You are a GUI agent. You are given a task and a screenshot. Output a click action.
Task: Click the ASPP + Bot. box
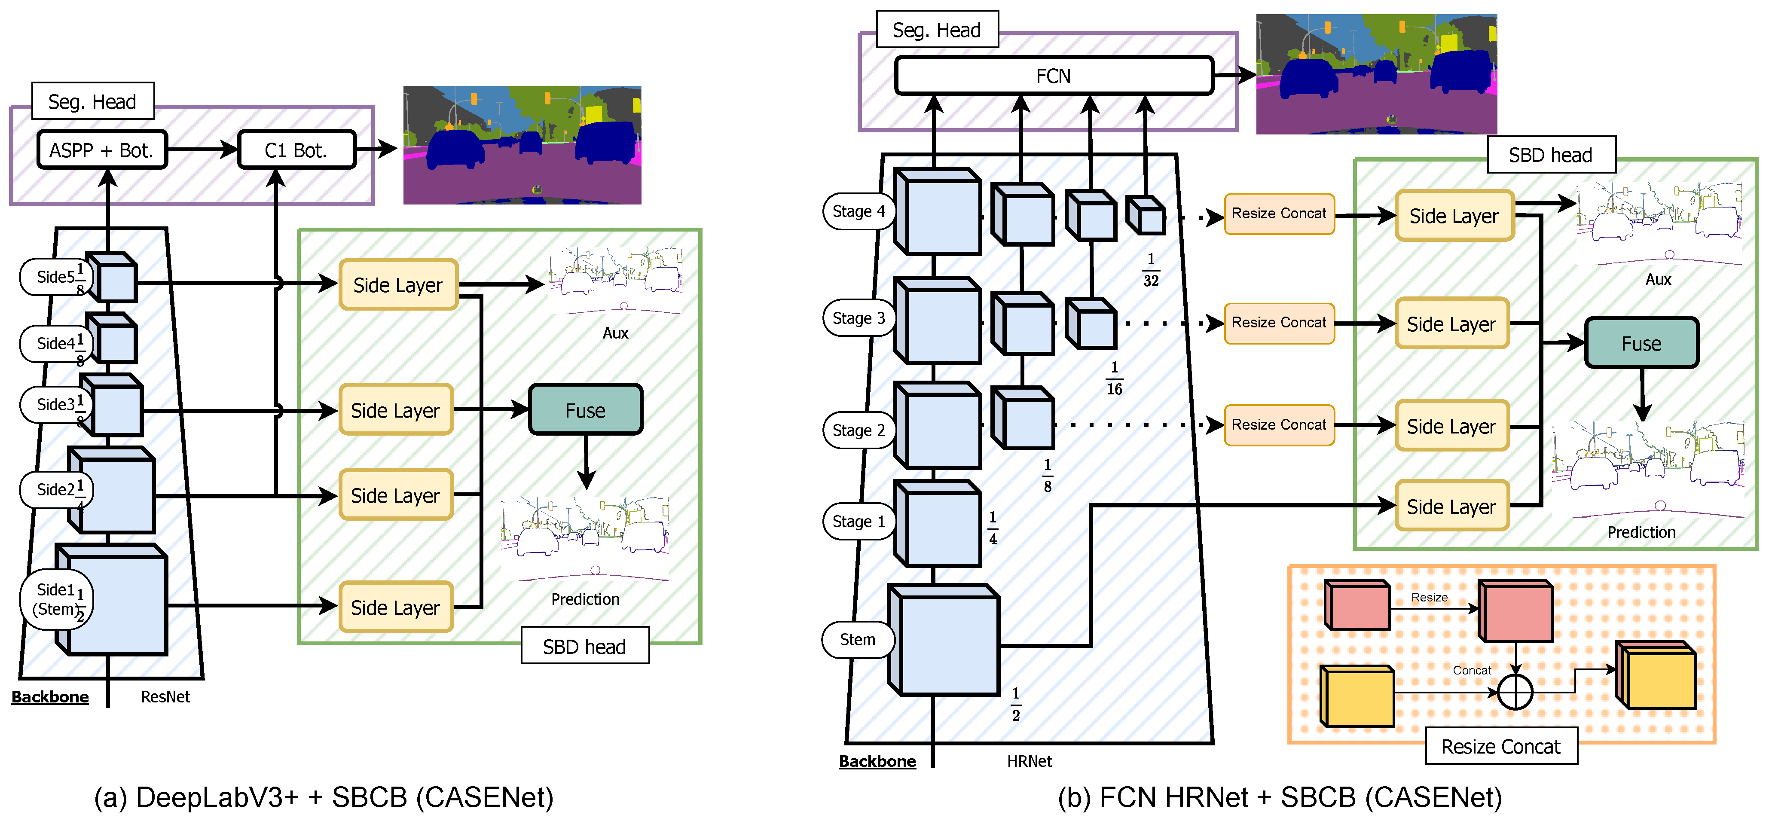pos(102,150)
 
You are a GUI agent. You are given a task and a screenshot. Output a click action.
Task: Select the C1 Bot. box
pos(296,150)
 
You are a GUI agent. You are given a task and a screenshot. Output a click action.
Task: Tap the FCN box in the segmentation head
pos(1054,76)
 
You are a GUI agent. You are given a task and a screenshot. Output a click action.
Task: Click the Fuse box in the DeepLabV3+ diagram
pos(585,410)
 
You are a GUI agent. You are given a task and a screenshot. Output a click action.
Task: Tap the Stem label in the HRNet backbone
pos(857,639)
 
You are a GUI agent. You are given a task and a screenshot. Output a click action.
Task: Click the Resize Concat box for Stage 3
pos(1279,323)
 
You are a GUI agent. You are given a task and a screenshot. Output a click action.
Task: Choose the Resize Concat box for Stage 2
pos(1279,425)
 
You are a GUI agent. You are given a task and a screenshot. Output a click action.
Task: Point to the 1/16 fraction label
pos(1114,378)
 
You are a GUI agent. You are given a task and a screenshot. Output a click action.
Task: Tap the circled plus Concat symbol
pos(1515,692)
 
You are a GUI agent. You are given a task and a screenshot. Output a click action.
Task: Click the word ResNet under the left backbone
pos(165,697)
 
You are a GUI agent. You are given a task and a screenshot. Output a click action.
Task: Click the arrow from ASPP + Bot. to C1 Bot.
pos(202,150)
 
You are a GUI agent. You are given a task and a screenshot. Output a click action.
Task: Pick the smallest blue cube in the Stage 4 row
pos(1146,216)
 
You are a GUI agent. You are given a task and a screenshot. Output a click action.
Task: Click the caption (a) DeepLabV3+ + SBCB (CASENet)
pos(324,798)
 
